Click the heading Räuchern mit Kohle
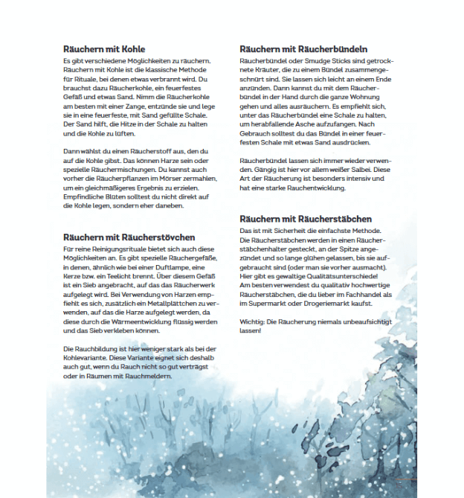(x=104, y=49)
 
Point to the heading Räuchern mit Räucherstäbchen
(x=306, y=219)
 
